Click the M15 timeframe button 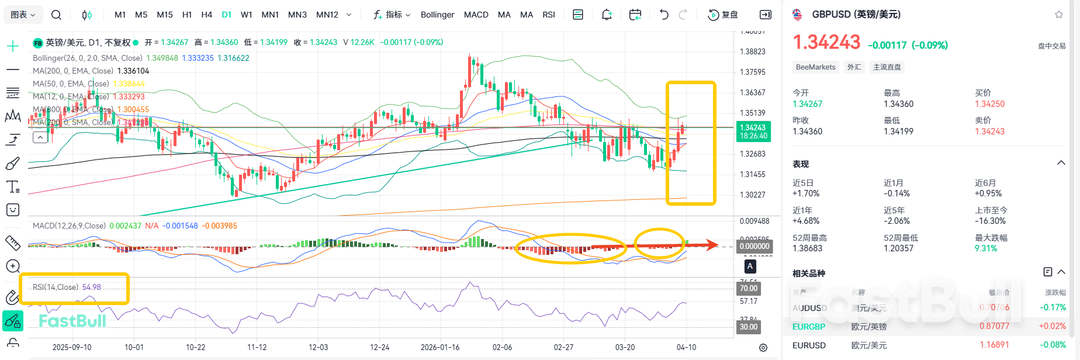pos(165,15)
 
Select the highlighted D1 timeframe pos(227,15)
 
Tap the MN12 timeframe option pos(327,15)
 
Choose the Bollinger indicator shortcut pos(437,15)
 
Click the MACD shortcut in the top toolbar pos(476,15)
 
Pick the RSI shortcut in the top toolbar pos(549,15)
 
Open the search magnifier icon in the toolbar pos(56,15)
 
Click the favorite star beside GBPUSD pos(1059,15)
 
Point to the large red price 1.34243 pos(826,43)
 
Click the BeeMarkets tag pos(815,67)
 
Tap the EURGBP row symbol pos(809,327)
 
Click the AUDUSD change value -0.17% pos(1053,307)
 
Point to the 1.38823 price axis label pos(753,52)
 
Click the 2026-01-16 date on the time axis pos(440,347)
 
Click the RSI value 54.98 pos(92,287)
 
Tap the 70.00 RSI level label pos(749,288)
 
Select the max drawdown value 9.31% pos(986,248)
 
